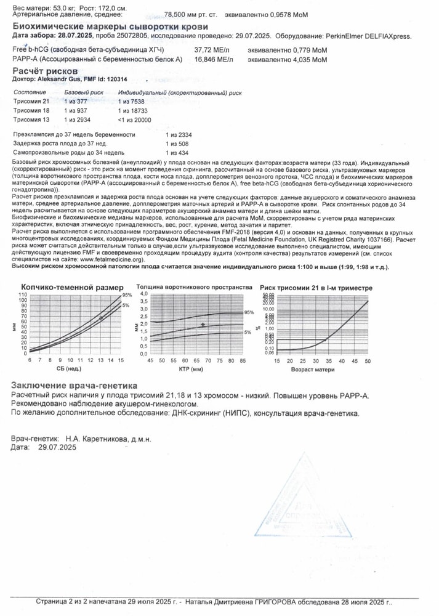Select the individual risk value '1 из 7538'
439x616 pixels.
[133, 100]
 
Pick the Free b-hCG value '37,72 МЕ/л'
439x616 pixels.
[213, 49]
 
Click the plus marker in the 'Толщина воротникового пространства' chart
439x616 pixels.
[203, 325]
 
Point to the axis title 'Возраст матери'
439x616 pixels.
[314, 370]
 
